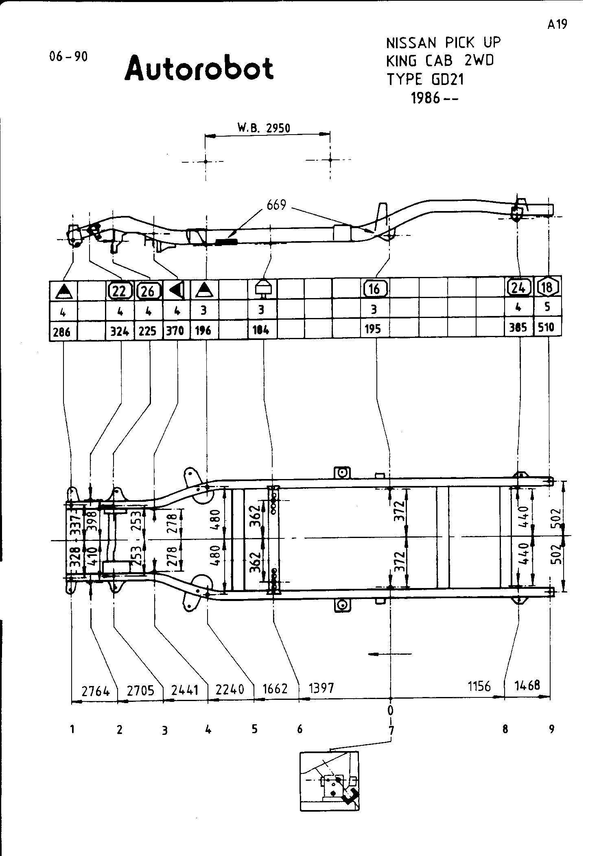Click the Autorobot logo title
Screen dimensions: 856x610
[x=199, y=68]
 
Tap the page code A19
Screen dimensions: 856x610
[x=557, y=25]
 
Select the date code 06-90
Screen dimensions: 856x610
[x=68, y=57]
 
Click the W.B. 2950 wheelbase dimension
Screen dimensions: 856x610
[x=264, y=128]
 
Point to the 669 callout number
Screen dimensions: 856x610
[x=276, y=205]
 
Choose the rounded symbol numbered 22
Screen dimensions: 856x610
[x=120, y=290]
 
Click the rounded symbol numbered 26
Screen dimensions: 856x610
[x=149, y=290]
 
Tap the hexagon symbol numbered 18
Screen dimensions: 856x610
[x=547, y=287]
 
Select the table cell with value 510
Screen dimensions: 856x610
[x=547, y=327]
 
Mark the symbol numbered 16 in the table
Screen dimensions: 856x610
[x=374, y=289]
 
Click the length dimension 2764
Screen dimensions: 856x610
[x=96, y=690]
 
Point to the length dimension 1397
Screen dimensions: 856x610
[x=321, y=688]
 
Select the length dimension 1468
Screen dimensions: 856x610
[x=527, y=686]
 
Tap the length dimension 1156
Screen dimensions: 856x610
[x=479, y=686]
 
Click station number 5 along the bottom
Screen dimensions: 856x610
[x=254, y=729]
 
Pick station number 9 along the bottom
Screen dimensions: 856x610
[x=551, y=729]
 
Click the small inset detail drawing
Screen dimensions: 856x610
[x=330, y=781]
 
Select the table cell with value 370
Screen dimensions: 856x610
[x=175, y=331]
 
